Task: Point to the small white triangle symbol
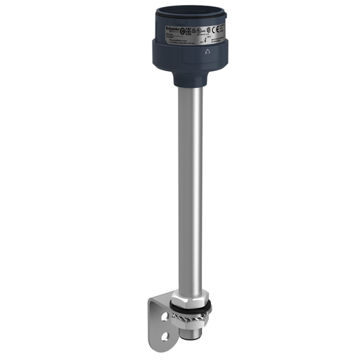click(207, 51)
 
